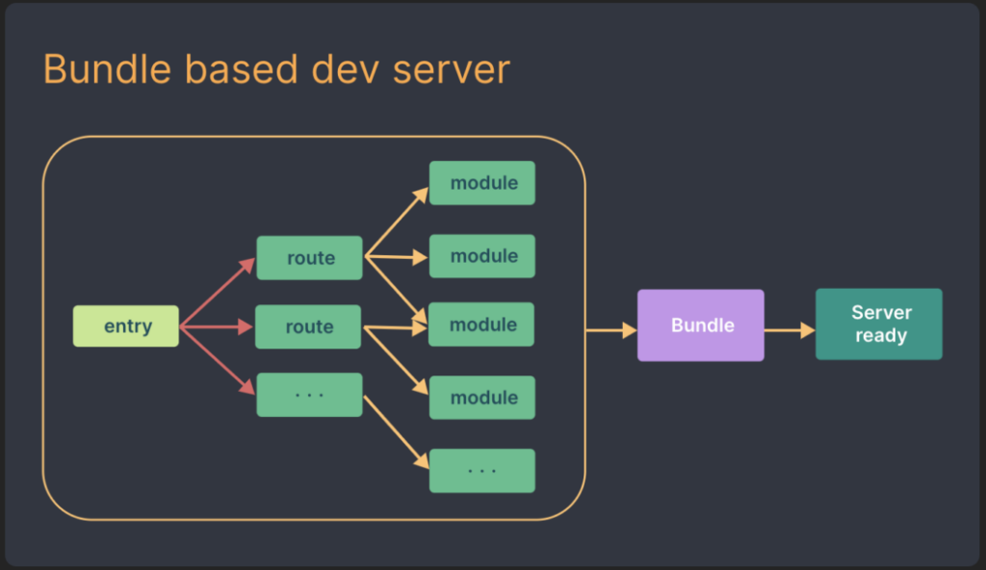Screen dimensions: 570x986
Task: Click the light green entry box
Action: pyautogui.click(x=126, y=326)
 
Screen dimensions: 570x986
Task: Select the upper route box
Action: pyautogui.click(x=309, y=258)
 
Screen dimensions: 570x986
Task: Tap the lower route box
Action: pyautogui.click(x=308, y=327)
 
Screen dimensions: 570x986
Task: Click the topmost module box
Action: pyautogui.click(x=481, y=183)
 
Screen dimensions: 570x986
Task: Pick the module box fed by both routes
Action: pyautogui.click(x=481, y=325)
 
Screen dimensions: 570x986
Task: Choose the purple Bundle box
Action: pyautogui.click(x=701, y=325)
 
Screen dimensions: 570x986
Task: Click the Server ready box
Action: pyautogui.click(x=878, y=324)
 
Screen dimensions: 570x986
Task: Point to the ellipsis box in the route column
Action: pyautogui.click(x=309, y=395)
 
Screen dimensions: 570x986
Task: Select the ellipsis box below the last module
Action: pyautogui.click(x=481, y=470)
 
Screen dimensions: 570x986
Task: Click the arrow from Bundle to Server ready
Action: pyautogui.click(x=790, y=331)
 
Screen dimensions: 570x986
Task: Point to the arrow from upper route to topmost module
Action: pyautogui.click(x=395, y=222)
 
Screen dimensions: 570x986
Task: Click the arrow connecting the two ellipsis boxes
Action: pyautogui.click(x=396, y=431)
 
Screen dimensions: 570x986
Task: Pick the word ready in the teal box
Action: pyautogui.click(x=880, y=336)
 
